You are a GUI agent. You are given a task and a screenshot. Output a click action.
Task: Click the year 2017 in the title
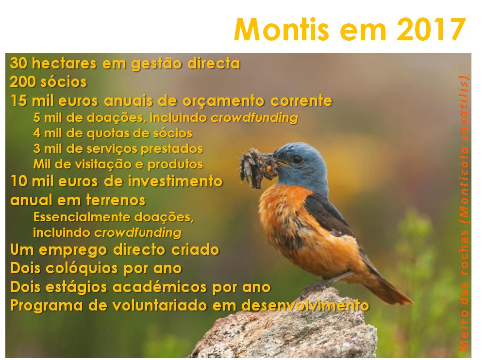click(431, 30)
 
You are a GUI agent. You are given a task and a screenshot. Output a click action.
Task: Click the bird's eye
click(298, 159)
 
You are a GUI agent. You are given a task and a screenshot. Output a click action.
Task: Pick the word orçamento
click(223, 101)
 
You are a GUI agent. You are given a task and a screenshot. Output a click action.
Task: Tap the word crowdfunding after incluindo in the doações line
click(254, 118)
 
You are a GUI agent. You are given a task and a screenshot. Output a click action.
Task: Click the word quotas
click(107, 133)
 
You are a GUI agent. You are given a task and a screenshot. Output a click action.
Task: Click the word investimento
click(175, 181)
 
